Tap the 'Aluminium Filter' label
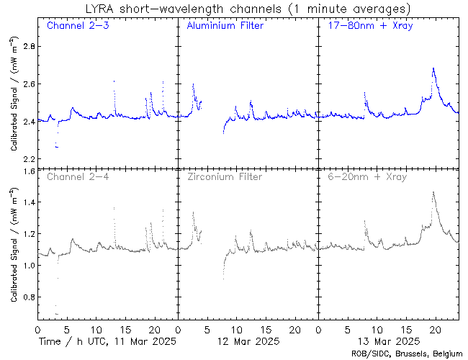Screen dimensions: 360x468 coord(225,26)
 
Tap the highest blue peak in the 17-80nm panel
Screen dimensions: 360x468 coord(433,68)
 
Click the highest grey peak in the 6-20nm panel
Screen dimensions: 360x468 coord(433,192)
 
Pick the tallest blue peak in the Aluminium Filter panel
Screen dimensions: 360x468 coord(193,84)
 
